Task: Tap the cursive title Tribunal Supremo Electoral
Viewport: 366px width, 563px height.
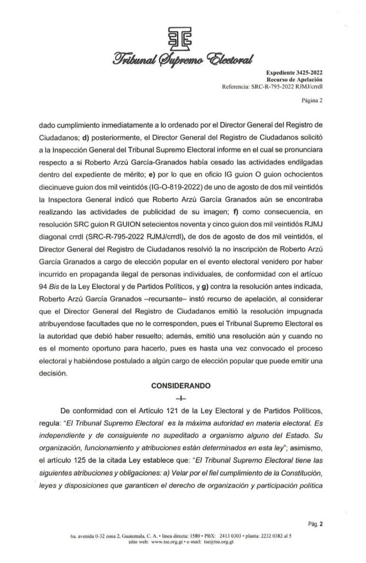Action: coord(183,57)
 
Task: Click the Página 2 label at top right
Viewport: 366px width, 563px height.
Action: coord(312,101)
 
